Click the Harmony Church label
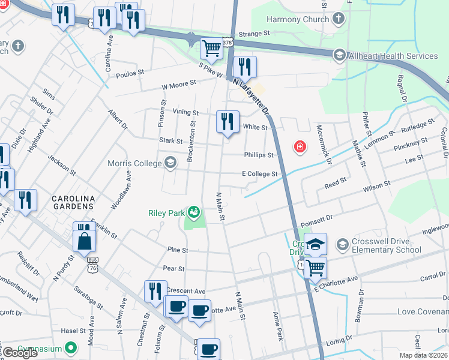pyautogui.click(x=298, y=19)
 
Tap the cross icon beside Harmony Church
pyautogui.click(x=338, y=19)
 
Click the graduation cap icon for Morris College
pyautogui.click(x=170, y=163)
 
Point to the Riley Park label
pyautogui.click(x=167, y=212)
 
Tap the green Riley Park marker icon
pyautogui.click(x=193, y=212)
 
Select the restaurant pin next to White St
pyautogui.click(x=228, y=122)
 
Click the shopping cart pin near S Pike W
pyautogui.click(x=211, y=48)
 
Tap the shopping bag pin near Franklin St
pyautogui.click(x=85, y=241)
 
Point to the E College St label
pyautogui.click(x=259, y=174)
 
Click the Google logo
pyautogui.click(x=20, y=353)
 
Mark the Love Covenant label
pyautogui.click(x=423, y=311)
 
